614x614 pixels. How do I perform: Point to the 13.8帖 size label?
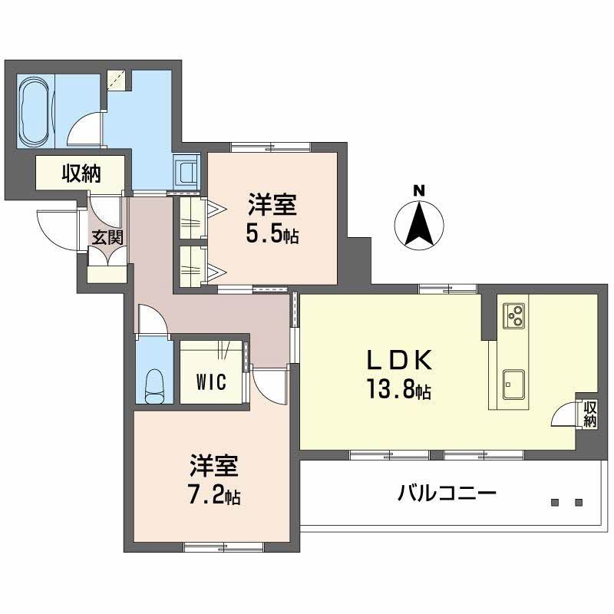coord(399,392)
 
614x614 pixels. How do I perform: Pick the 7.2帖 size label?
coord(215,496)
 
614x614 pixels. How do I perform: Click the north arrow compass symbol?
coord(419,224)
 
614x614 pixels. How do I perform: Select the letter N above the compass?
coord(419,190)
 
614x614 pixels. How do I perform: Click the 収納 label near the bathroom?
coord(81,173)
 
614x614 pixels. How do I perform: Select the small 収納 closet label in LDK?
coord(589,414)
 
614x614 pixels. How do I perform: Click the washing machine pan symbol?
coord(187,170)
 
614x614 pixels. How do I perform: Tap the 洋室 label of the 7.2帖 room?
coord(215,465)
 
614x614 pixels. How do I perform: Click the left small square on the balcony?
coord(555,503)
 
